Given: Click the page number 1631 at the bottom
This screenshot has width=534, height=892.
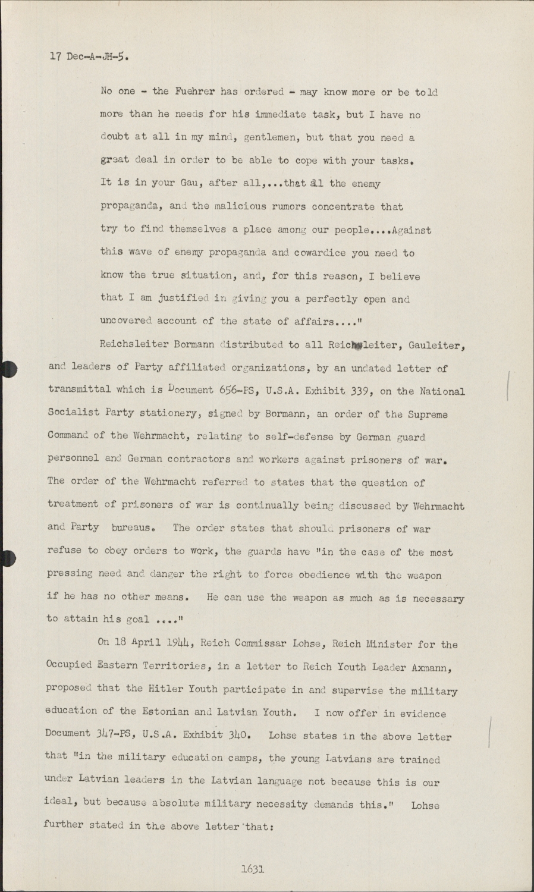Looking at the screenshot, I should (x=252, y=869).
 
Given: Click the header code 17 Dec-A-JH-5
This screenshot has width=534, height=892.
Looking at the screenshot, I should (x=88, y=58).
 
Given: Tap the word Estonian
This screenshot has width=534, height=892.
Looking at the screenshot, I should (x=165, y=712).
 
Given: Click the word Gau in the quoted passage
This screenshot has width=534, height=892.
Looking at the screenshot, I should (x=190, y=183).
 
